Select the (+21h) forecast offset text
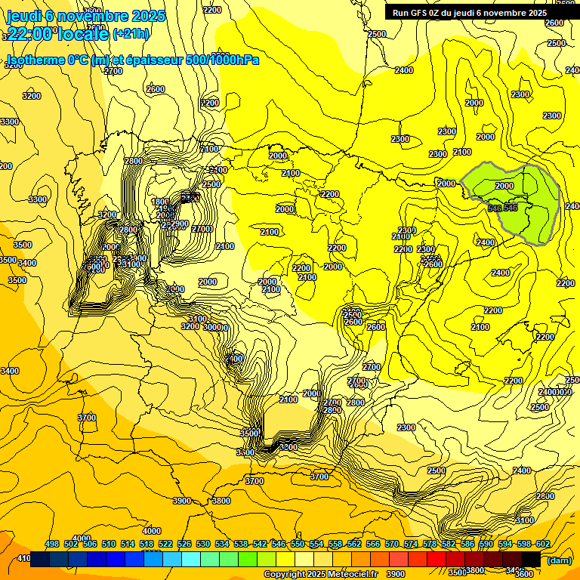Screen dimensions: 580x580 [131, 33]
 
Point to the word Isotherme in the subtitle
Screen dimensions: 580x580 [35, 60]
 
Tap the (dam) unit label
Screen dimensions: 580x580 [559, 560]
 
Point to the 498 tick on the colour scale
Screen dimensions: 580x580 [52, 544]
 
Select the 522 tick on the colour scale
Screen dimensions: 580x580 [165, 544]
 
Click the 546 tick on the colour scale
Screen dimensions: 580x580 [279, 544]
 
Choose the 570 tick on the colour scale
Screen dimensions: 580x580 [392, 544]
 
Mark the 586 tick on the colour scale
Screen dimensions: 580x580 [467, 544]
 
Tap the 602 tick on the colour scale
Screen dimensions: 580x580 [543, 544]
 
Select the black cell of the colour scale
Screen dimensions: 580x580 [531, 559]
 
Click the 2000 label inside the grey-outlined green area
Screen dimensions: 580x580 [504, 186]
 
